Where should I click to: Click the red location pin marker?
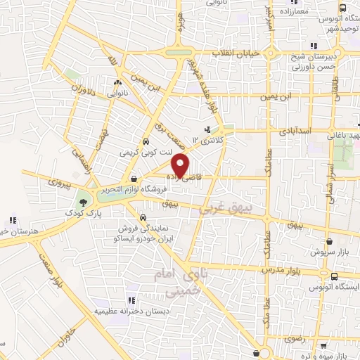181,165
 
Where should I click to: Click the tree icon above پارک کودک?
84,200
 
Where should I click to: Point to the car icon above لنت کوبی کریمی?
145,140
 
